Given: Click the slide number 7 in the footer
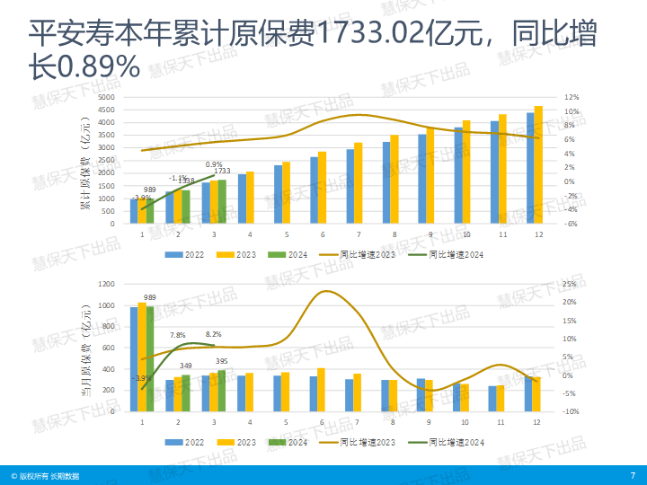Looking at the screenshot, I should tap(633, 474).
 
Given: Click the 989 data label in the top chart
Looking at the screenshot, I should tap(150, 190).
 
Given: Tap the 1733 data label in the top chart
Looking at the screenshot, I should tap(222, 172).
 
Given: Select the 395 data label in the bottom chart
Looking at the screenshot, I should tap(222, 362).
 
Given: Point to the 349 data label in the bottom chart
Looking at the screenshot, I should tap(186, 366).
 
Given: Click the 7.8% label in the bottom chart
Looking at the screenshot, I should tap(178, 335).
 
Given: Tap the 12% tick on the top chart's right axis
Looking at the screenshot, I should tap(572, 97).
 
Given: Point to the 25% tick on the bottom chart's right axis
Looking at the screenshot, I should tap(569, 284).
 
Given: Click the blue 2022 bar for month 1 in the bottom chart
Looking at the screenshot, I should tap(134, 359).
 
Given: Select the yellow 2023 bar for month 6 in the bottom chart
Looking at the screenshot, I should tap(321, 390).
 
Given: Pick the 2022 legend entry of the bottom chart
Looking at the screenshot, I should tap(185, 442).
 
